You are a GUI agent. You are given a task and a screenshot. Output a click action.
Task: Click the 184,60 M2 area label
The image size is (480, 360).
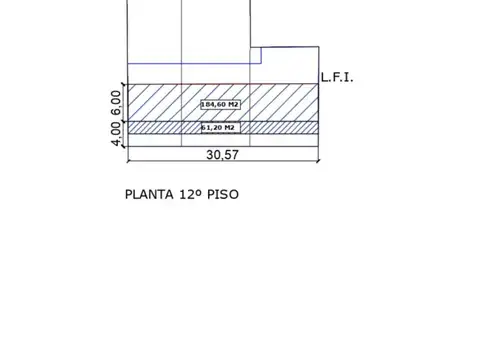220,104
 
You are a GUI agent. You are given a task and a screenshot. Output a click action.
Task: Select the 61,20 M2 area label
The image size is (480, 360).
218,128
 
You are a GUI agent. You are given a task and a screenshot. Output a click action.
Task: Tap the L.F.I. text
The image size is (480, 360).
338,77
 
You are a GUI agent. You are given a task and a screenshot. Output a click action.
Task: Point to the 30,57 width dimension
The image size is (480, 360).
223,156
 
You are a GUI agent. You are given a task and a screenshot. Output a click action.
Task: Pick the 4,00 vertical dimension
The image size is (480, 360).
116,133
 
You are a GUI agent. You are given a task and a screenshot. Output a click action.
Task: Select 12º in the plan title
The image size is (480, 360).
189,194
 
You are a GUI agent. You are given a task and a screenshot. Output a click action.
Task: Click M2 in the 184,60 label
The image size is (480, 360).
233,104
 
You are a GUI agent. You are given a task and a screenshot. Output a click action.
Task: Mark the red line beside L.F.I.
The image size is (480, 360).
300,84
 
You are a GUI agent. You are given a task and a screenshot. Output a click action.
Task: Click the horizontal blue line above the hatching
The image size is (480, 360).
190,63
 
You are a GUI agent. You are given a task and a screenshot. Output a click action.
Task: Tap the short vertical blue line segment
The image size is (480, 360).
261,55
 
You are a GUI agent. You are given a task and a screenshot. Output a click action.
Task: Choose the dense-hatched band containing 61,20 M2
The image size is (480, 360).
160,128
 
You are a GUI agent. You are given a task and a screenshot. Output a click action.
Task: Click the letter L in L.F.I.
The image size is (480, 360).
325,77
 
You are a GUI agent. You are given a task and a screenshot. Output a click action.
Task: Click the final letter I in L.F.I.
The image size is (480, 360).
349,77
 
